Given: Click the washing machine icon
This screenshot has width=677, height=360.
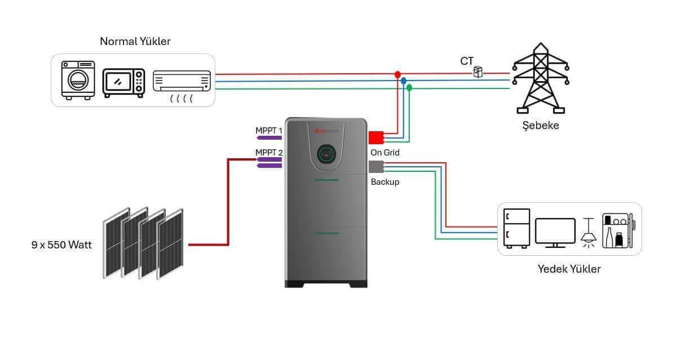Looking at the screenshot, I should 77,80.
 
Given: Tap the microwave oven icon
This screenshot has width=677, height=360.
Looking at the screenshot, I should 123,82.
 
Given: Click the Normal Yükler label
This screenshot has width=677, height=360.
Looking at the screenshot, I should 135,41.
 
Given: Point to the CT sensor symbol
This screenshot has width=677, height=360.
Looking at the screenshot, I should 478,72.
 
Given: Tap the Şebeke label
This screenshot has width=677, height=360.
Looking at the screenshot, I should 540,125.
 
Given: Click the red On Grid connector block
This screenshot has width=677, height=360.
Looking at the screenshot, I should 375,137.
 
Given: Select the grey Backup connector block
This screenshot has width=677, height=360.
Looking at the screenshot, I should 375,166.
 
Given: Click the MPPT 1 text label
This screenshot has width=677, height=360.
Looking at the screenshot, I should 269,131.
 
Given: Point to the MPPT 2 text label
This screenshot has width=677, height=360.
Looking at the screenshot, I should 269,152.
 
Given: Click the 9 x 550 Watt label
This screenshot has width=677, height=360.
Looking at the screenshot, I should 61,245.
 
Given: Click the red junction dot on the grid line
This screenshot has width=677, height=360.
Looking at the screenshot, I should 397,74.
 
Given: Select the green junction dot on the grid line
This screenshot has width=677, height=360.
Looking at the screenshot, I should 409,87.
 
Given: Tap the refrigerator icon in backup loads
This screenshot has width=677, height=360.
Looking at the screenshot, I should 517,228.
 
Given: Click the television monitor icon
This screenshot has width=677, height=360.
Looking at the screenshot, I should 555,232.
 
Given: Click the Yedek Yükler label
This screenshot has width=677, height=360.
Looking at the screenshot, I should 569,269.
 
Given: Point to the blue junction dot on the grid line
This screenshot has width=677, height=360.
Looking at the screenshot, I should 403,81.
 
